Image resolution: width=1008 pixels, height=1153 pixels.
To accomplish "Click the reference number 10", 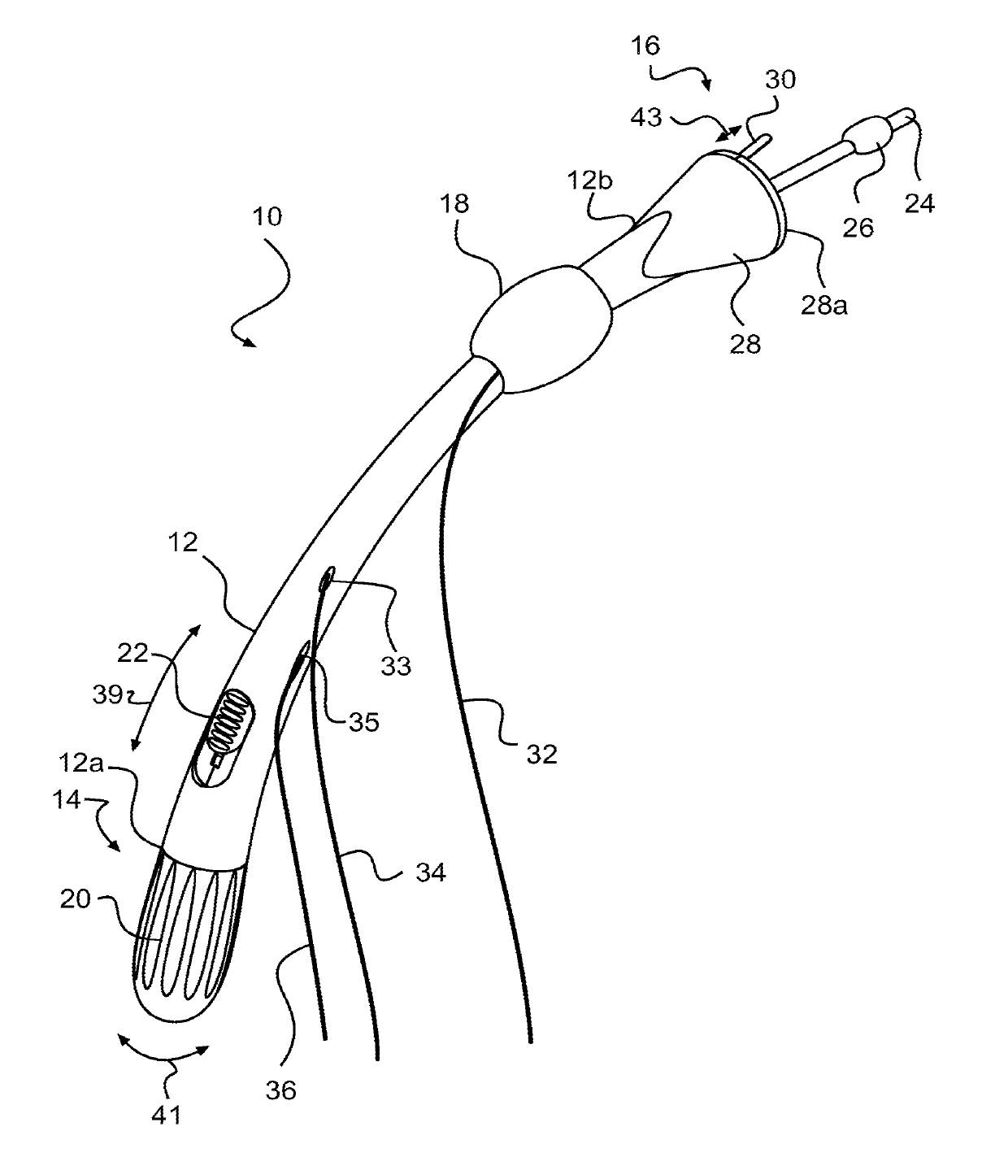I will pyautogui.click(x=267, y=217).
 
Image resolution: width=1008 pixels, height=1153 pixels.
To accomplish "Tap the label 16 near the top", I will pyautogui.click(x=646, y=46).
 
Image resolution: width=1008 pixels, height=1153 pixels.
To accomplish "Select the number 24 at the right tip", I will pyautogui.click(x=920, y=202).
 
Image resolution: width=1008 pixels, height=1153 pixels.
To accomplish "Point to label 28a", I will pyautogui.click(x=825, y=307).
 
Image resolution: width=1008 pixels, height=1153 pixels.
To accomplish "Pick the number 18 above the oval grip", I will pyautogui.click(x=455, y=203).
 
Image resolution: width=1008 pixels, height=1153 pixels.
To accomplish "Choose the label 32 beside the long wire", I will pyautogui.click(x=541, y=754).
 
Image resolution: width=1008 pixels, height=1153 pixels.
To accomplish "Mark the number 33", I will pyautogui.click(x=397, y=666).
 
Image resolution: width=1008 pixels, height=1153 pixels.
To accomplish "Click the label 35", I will pyautogui.click(x=363, y=720).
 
